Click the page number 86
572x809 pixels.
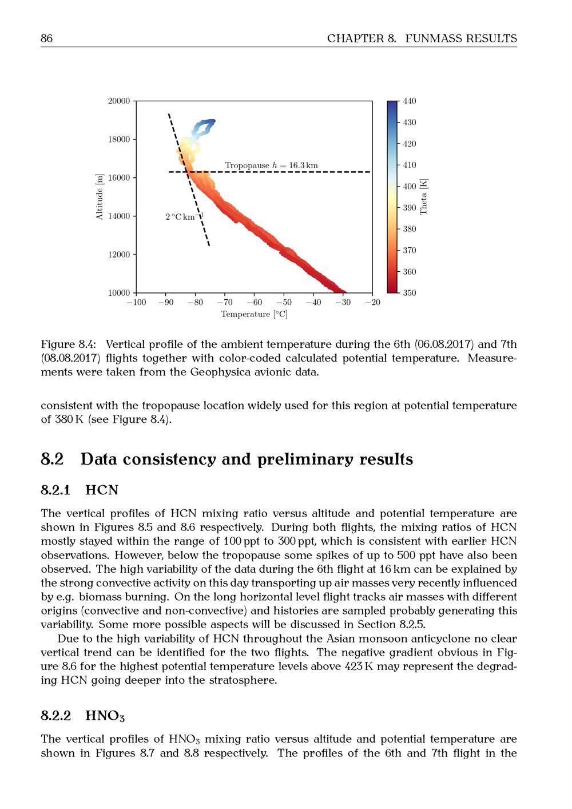point(46,38)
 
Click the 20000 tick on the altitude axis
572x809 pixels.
point(119,101)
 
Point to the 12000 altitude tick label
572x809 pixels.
point(119,255)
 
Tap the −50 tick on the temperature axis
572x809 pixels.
point(284,303)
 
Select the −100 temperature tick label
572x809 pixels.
point(136,303)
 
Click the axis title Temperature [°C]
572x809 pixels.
point(254,314)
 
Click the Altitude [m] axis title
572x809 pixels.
point(100,197)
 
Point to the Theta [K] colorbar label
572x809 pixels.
point(424,197)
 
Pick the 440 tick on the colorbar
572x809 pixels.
point(410,101)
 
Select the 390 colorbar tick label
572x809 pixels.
point(410,208)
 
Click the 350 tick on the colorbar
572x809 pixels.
point(410,293)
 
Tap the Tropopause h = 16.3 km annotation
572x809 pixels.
point(271,165)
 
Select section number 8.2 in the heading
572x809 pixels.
point(52,459)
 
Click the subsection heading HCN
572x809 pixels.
point(102,490)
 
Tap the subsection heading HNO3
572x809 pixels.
point(105,716)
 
